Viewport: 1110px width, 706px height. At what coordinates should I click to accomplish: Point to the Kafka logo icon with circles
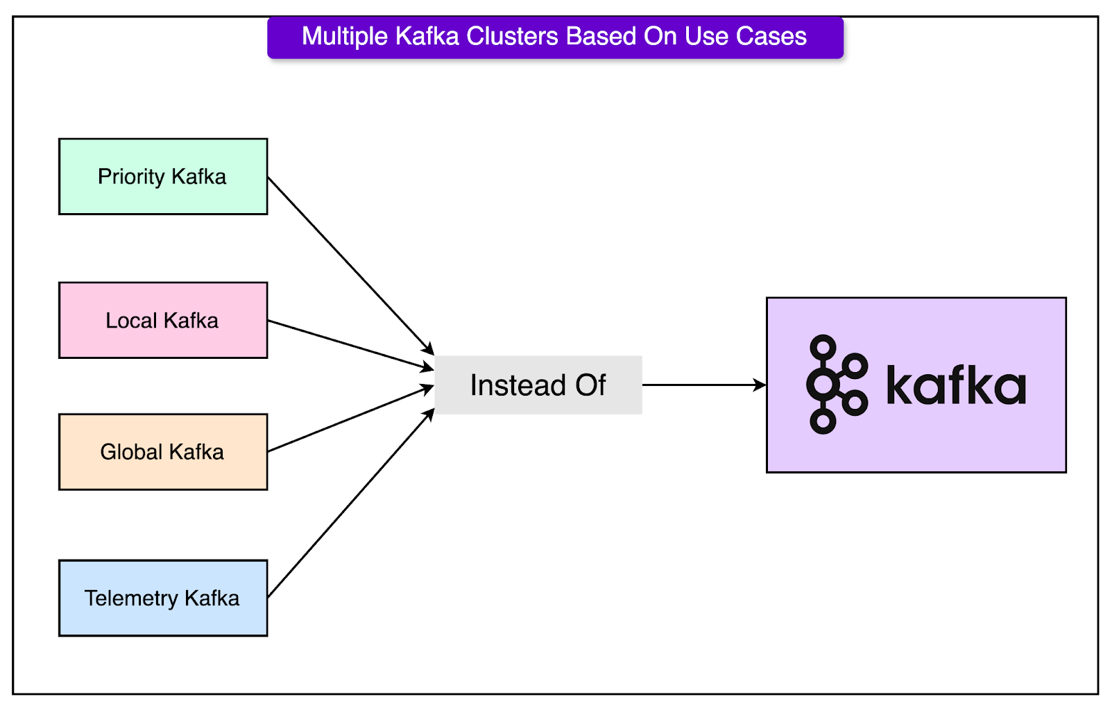[835, 385]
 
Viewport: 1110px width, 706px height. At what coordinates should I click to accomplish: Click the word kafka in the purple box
[955, 386]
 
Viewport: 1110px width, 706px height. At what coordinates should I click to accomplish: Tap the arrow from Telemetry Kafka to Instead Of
[350, 504]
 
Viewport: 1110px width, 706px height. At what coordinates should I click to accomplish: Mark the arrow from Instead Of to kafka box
[704, 385]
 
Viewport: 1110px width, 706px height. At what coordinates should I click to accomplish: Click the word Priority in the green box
[131, 177]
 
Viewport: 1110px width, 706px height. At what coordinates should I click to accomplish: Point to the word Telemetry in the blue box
[131, 598]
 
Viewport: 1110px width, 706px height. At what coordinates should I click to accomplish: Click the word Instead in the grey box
[518, 385]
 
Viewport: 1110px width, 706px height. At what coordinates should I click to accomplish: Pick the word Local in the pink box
[131, 321]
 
